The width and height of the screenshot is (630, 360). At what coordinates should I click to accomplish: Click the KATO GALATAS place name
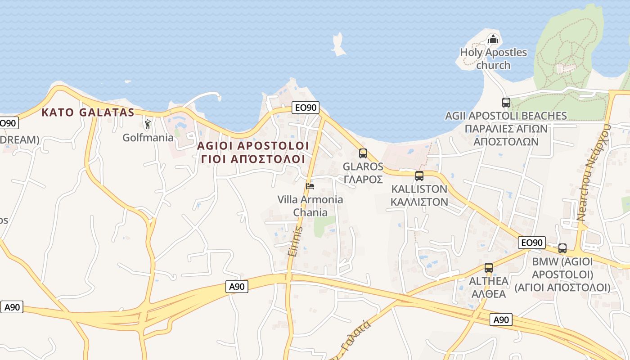88,112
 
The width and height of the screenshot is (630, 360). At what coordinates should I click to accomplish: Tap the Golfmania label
148,138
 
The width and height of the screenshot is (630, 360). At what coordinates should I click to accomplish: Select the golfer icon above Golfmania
148,124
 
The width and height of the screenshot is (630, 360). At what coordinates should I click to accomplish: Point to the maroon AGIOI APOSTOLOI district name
253,146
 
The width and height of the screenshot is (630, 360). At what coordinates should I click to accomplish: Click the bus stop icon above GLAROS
363,153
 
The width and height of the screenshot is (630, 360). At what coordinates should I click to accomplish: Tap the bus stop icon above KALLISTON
419,175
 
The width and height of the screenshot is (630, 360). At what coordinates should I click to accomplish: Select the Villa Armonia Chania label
310,206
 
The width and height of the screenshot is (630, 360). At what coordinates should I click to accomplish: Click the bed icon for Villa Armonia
310,186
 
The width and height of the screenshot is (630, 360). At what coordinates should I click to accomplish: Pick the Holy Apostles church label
493,58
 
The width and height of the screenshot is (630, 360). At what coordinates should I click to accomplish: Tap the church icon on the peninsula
494,40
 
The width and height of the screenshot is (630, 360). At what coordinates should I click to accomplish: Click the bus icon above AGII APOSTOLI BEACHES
506,103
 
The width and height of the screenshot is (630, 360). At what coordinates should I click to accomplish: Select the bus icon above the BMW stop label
562,248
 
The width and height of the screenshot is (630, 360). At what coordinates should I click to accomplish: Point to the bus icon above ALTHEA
489,268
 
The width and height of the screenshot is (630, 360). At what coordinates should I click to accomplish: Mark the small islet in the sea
338,45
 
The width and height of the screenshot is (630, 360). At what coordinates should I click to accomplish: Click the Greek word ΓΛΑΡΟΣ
363,179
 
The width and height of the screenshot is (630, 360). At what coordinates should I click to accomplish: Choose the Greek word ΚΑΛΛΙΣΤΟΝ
419,202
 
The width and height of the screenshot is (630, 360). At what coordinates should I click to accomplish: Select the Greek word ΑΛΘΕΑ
489,294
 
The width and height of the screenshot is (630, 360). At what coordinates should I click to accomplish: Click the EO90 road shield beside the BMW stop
532,243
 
